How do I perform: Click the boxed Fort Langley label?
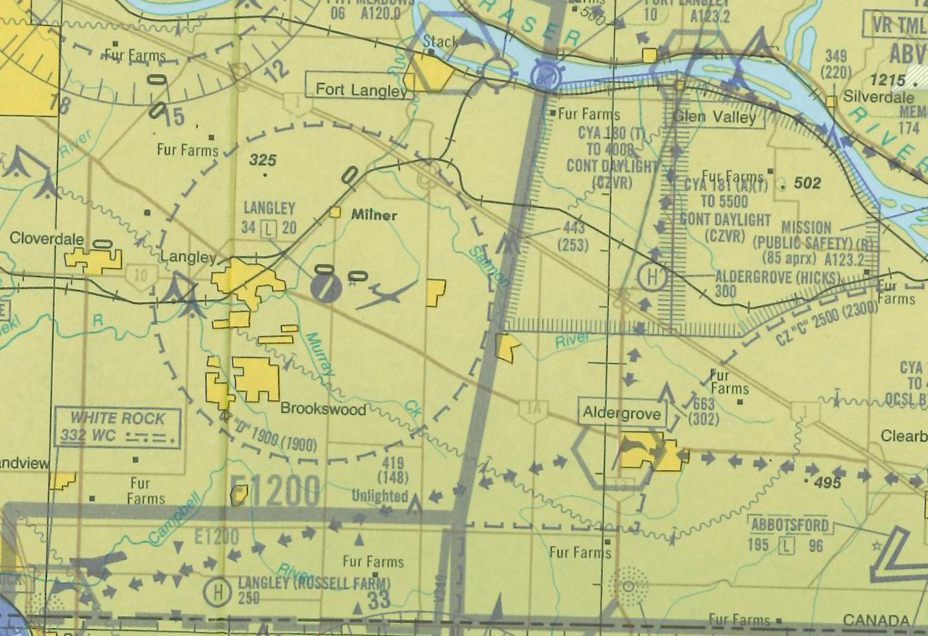click(359, 90)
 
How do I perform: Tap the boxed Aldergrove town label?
click(622, 413)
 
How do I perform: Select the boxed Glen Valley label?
click(714, 117)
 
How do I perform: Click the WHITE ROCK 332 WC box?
click(117, 427)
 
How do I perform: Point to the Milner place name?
click(374, 215)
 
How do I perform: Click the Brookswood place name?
click(323, 409)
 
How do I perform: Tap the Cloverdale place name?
click(47, 238)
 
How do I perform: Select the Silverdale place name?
click(879, 97)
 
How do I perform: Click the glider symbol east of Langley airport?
click(386, 295)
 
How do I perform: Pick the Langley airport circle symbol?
click(326, 287)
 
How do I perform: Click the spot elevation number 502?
click(807, 183)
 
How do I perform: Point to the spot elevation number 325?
click(263, 160)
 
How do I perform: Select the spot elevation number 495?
click(828, 483)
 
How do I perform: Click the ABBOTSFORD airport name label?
click(789, 525)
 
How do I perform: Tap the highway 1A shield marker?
click(533, 409)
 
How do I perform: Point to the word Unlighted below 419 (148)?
click(380, 496)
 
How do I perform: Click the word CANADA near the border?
click(876, 620)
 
